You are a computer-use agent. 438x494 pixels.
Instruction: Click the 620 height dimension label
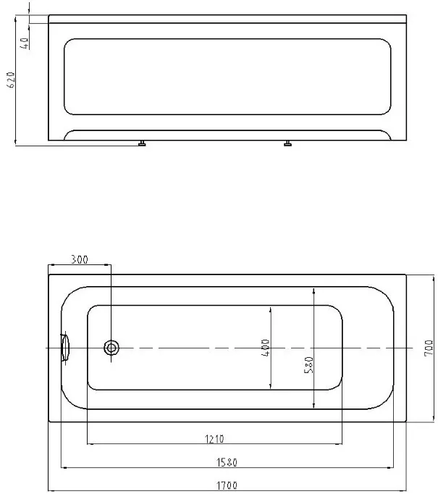tap(12, 80)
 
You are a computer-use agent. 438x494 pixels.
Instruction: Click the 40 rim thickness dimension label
tap(25, 43)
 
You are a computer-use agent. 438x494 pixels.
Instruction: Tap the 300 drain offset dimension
tap(80, 259)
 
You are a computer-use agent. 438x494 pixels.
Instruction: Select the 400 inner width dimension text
tap(266, 348)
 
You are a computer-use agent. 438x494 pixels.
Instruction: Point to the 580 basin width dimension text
tap(309, 365)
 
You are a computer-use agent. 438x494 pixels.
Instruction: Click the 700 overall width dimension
tap(429, 348)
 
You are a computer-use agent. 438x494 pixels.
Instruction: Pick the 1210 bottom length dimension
tap(214, 439)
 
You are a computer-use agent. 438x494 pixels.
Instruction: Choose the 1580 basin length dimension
tap(227, 463)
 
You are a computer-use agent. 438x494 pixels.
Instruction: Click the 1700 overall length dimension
tap(227, 485)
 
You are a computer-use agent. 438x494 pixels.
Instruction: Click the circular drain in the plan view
tap(111, 348)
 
